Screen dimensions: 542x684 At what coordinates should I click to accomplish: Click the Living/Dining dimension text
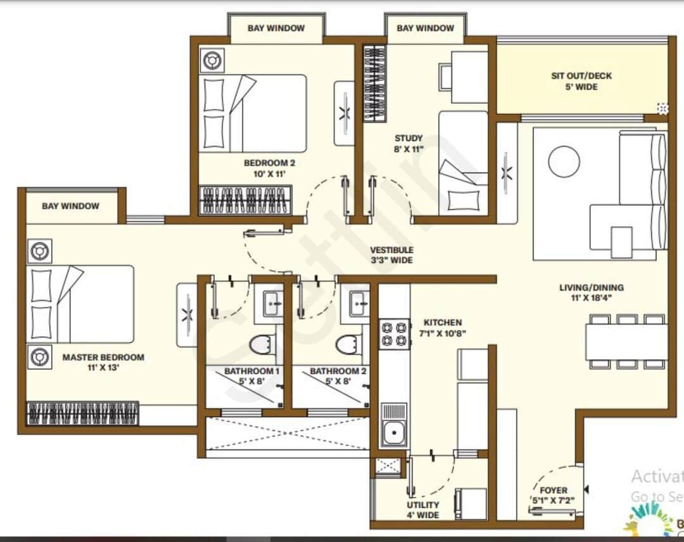(592, 297)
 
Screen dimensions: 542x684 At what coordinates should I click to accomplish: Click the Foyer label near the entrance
(553, 490)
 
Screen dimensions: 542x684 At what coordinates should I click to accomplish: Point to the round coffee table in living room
(564, 162)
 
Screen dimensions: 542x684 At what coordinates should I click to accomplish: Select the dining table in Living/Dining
(626, 342)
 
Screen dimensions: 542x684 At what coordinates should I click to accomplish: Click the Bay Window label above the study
(425, 28)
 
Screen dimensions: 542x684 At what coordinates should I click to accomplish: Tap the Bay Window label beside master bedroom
(70, 206)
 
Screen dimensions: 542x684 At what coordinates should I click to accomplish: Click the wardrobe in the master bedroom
(82, 413)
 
